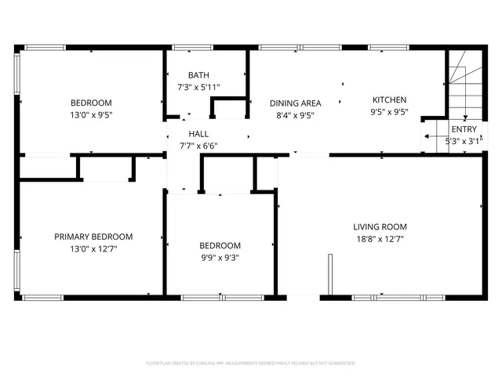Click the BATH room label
[x=198, y=75]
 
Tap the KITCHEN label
[x=389, y=99]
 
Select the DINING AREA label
[x=295, y=103]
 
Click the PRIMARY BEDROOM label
[x=93, y=237]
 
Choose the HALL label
[x=198, y=134]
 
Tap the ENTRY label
[x=464, y=129]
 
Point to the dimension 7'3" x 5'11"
[x=198, y=88]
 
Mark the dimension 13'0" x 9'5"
[x=91, y=115]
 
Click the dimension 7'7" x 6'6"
[x=198, y=146]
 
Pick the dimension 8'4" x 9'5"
[x=295, y=115]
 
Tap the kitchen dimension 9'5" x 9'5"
[x=389, y=112]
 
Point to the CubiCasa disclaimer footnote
[x=251, y=363]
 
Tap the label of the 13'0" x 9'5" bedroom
[x=91, y=103]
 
